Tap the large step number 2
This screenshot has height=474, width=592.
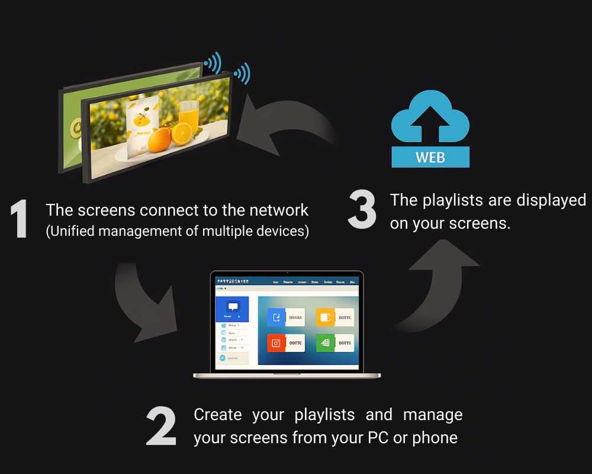coord(161,427)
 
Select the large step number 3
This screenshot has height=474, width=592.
coord(362,210)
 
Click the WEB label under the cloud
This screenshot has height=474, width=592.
coord(430,158)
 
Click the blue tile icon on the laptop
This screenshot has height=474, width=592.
coord(276,318)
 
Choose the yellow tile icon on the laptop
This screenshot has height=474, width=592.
coord(324,318)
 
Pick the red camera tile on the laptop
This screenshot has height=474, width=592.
coord(276,342)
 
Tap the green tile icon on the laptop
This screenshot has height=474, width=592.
coord(324,342)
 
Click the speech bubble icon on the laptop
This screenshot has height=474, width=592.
coord(233,307)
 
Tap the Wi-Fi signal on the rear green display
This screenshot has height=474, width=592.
coord(213,61)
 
